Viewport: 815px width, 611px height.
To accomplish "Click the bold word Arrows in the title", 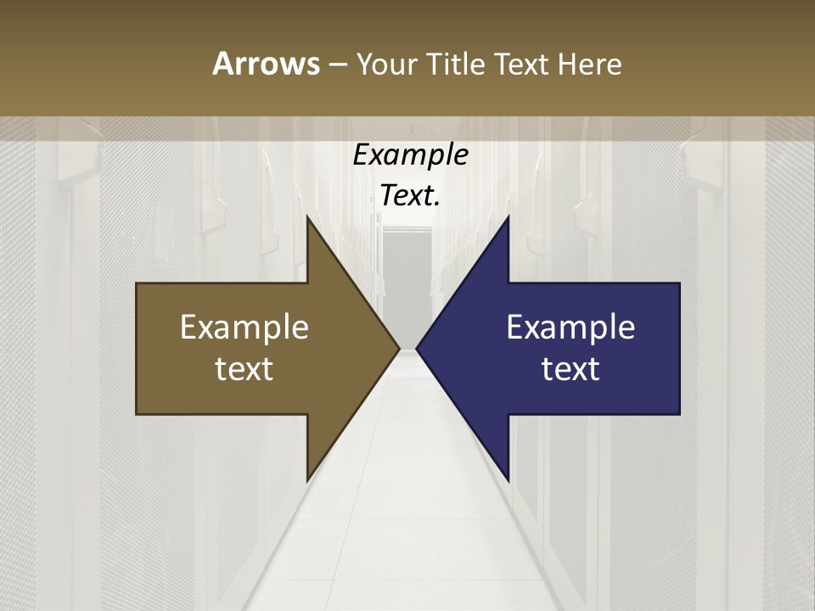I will pos(265,64).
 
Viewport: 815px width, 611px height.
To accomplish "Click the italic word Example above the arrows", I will pos(411,155).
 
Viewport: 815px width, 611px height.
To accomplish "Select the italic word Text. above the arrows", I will pos(409,196).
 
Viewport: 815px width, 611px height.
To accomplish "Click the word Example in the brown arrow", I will pos(244,328).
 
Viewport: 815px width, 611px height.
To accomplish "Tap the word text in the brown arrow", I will pos(244,369).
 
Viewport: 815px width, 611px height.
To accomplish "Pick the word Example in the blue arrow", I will pos(570,328).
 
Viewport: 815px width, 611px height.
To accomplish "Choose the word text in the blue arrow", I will pos(570,369).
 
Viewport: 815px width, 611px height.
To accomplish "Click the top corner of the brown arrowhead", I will pos(308,219).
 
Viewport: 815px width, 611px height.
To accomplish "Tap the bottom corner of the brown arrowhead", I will pos(308,479).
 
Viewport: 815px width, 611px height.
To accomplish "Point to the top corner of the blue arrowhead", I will pos(508,219).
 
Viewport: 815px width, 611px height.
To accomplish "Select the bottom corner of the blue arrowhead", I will pos(508,479).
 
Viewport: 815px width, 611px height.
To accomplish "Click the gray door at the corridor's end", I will pos(407,280).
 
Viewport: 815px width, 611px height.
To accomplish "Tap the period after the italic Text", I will pos(437,205).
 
